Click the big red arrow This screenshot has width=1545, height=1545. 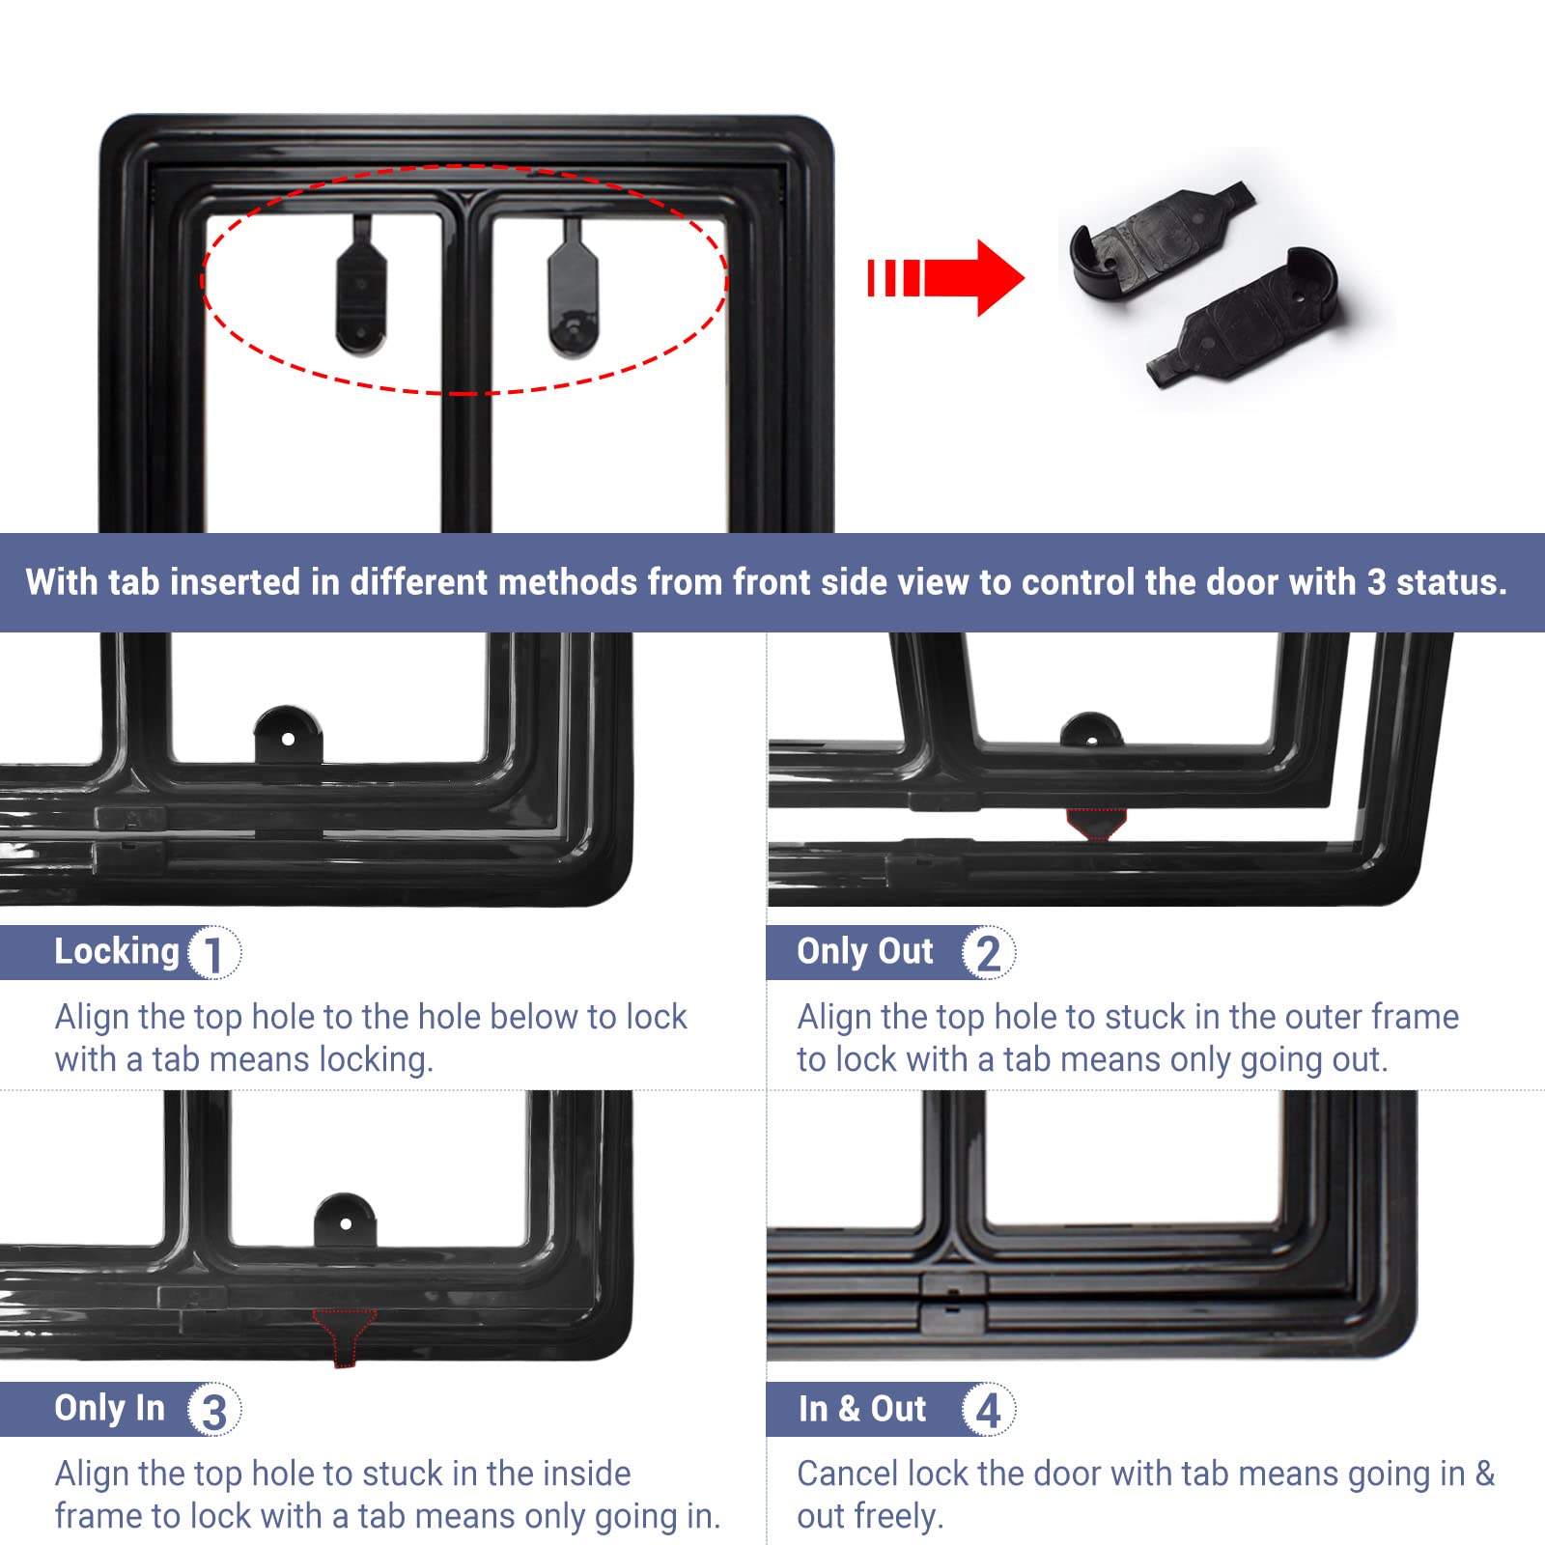(x=946, y=278)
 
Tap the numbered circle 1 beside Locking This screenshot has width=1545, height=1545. (x=214, y=953)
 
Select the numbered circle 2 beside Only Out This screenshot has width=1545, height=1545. (x=988, y=953)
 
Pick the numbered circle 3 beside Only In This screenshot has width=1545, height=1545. (x=214, y=1410)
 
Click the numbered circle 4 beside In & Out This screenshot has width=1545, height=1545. (x=988, y=1410)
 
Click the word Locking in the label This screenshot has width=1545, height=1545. (x=117, y=952)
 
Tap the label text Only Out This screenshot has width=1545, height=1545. (x=865, y=952)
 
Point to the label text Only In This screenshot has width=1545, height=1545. (x=109, y=1408)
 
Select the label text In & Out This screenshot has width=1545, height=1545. (x=862, y=1409)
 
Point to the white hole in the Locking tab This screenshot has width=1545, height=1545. (x=288, y=740)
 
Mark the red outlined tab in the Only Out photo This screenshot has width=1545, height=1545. (x=1096, y=824)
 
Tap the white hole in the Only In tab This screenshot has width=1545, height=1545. (x=346, y=1224)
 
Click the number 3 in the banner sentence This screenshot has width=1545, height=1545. (x=1376, y=582)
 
